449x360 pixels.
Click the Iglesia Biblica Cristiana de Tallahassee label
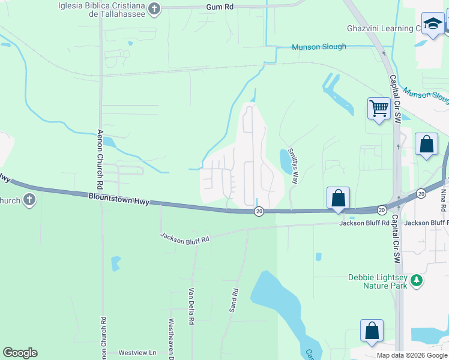pyautogui.click(x=101, y=10)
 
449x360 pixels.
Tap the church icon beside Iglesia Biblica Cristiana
pyautogui.click(x=155, y=9)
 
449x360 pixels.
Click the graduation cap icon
pyautogui.click(x=432, y=23)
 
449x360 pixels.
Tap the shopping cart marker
pyautogui.click(x=379, y=109)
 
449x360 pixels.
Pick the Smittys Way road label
pyautogui.click(x=294, y=166)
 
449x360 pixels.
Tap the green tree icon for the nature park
pyautogui.click(x=415, y=280)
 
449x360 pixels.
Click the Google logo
pyautogui.click(x=20, y=353)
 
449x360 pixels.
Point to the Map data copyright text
pyautogui.click(x=412, y=355)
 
